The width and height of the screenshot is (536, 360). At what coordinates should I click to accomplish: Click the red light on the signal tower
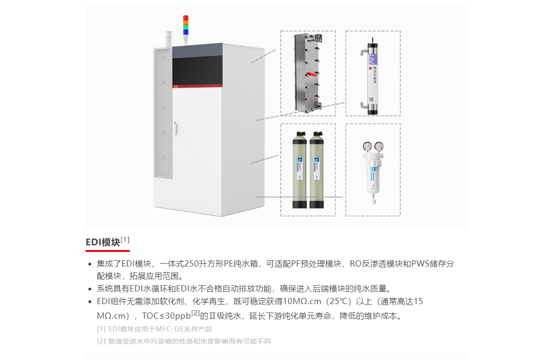(x=186, y=18)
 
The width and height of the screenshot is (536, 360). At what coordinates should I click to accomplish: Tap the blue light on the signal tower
(x=186, y=31)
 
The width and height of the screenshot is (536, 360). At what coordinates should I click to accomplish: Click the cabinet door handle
(x=175, y=129)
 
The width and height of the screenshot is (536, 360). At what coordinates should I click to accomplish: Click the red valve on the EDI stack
(x=310, y=74)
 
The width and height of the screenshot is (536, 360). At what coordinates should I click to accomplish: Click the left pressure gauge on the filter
(x=367, y=146)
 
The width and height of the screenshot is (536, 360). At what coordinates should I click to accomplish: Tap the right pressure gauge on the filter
(x=378, y=146)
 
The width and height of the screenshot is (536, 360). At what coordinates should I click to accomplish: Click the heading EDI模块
(x=102, y=243)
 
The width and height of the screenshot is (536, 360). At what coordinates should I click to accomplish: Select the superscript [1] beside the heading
(x=125, y=240)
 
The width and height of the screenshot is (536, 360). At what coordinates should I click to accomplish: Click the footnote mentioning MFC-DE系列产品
(x=154, y=329)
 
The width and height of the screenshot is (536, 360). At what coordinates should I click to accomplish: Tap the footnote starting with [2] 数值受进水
(x=183, y=341)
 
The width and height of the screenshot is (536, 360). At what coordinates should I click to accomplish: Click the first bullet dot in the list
(x=90, y=264)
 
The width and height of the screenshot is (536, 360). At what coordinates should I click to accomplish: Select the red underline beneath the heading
(x=107, y=251)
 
